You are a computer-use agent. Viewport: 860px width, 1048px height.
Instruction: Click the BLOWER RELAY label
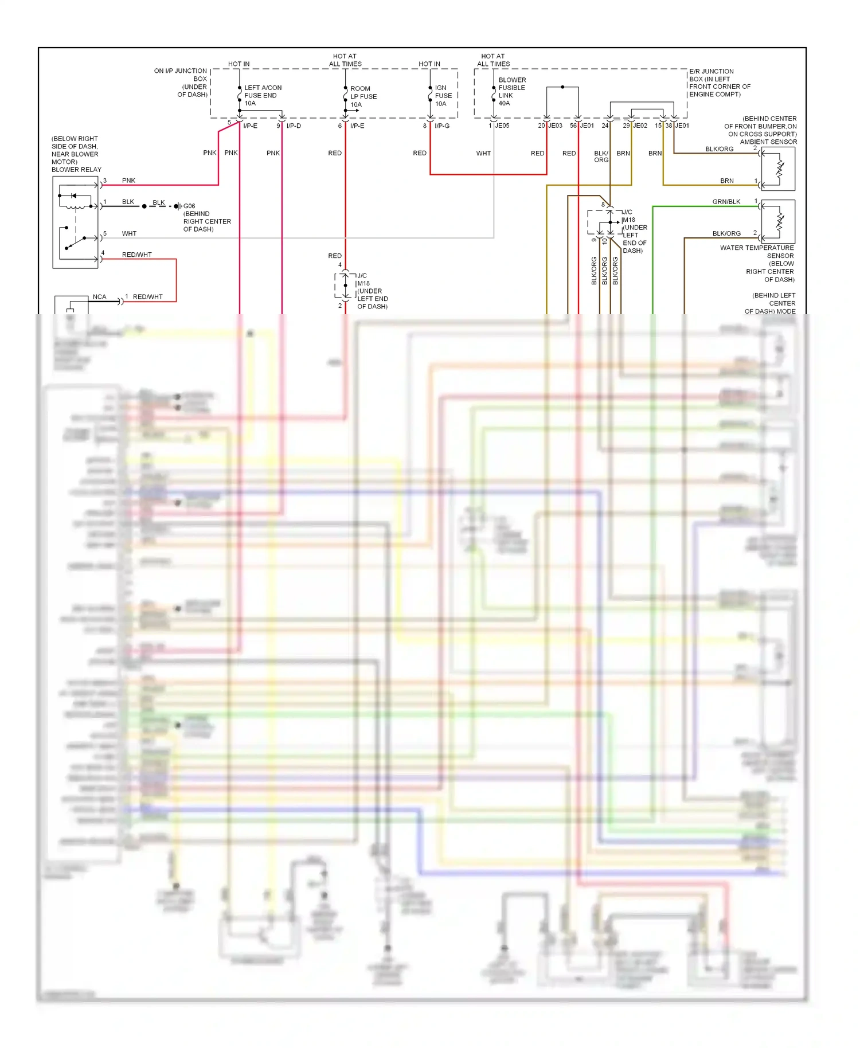pos(76,170)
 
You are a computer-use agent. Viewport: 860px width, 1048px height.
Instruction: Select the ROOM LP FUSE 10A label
pos(363,96)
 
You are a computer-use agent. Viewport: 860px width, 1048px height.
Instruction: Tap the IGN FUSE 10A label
pos(443,96)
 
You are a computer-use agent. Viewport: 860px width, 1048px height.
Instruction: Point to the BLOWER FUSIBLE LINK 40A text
pos(511,92)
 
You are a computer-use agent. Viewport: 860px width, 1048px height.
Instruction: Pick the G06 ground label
pos(189,206)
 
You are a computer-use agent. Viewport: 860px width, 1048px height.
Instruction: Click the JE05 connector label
pos(502,126)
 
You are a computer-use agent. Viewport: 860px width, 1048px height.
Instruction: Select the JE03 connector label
pos(555,126)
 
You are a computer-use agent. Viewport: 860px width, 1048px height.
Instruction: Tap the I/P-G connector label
pos(442,126)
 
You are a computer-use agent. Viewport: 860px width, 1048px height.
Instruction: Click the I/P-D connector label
pos(294,126)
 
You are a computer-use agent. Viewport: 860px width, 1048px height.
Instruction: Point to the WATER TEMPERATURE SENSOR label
pos(757,252)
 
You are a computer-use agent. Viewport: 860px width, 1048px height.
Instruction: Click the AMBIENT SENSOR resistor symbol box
pos(778,169)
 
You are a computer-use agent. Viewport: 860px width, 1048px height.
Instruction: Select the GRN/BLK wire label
pos(726,202)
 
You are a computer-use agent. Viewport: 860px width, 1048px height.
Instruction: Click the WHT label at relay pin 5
pos(129,233)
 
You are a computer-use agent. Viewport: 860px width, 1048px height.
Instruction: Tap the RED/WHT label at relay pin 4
pos(136,255)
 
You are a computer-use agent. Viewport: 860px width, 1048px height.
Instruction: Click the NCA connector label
pos(99,297)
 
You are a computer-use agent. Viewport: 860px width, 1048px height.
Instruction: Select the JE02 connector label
pos(640,126)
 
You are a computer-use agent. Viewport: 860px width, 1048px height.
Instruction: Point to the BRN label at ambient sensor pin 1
pos(726,181)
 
